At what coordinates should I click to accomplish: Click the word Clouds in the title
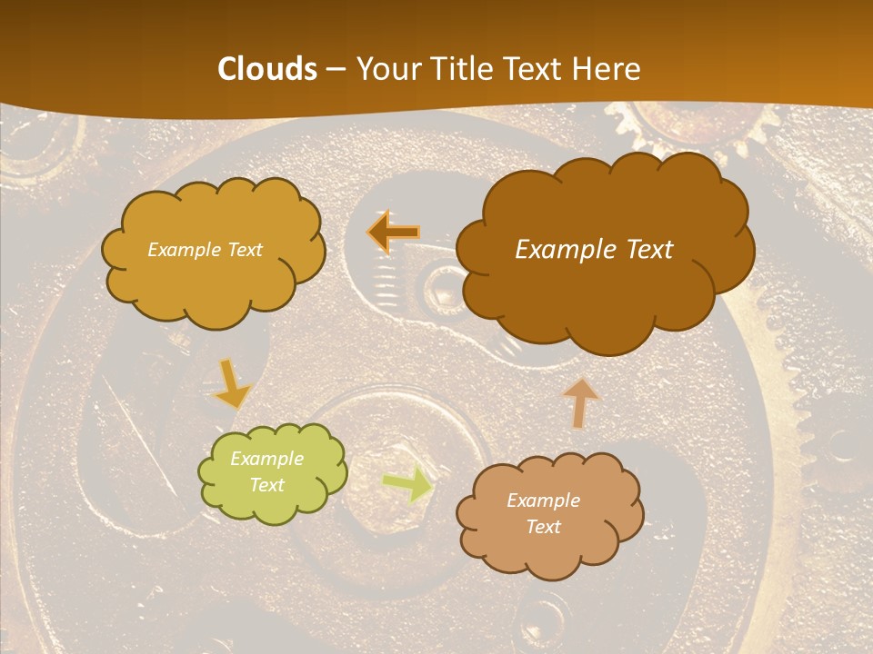[267, 69]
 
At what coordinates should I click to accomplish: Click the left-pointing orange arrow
[393, 233]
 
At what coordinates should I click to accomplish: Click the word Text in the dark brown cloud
[648, 250]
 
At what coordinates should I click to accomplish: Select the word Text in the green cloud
[267, 485]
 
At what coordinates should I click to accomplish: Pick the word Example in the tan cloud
[543, 500]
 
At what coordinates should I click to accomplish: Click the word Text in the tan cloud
[543, 527]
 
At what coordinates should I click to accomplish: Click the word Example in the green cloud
[267, 459]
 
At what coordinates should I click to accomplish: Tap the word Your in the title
[383, 69]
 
